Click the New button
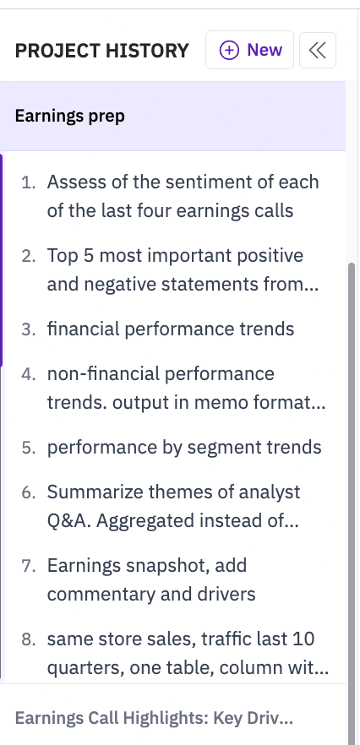coord(249,50)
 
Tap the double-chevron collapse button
coord(318,51)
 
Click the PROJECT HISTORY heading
coord(101,51)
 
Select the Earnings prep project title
coord(70,116)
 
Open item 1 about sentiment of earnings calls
coord(183,196)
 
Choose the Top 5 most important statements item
coord(183,270)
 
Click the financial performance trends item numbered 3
coord(170,329)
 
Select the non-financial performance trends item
coord(186,388)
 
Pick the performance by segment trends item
coord(184,447)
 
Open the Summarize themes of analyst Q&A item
coord(173,506)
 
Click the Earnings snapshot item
coord(151,579)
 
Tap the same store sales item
coord(188,653)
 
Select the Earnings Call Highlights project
coord(154,718)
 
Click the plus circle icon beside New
coord(229,50)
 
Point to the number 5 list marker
coord(29,448)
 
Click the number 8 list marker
coord(29,639)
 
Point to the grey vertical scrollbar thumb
coord(352,503)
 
